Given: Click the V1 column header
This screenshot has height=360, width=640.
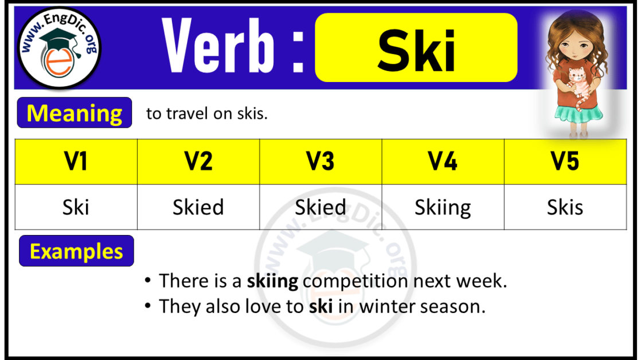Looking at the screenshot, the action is [76, 162].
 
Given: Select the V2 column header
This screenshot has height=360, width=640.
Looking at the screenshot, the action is [198, 162].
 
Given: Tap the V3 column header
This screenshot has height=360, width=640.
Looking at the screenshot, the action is [321, 162].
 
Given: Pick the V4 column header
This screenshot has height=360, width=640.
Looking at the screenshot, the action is [443, 162].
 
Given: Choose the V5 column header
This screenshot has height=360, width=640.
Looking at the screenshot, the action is [565, 162].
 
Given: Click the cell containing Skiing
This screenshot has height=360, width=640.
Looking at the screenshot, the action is [443, 207].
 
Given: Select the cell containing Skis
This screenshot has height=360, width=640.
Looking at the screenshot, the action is [565, 207].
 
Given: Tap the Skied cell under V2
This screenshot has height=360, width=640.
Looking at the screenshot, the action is [198, 207].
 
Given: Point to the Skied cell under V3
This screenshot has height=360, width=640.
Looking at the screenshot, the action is [321, 207].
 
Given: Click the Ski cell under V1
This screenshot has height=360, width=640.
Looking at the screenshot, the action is [76, 207].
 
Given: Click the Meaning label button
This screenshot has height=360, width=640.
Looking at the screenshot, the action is [75, 113].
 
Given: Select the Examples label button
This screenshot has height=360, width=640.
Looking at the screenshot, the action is [76, 251].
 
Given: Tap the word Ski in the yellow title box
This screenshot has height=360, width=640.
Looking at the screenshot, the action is [416, 50].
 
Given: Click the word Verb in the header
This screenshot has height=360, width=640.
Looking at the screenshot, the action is [218, 46].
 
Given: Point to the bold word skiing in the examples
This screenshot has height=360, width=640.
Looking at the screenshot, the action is [272, 281].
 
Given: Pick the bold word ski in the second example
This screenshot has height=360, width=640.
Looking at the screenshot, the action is [321, 306].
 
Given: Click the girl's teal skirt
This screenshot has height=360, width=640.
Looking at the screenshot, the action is [579, 113].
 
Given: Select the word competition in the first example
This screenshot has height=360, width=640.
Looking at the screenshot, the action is [355, 281].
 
